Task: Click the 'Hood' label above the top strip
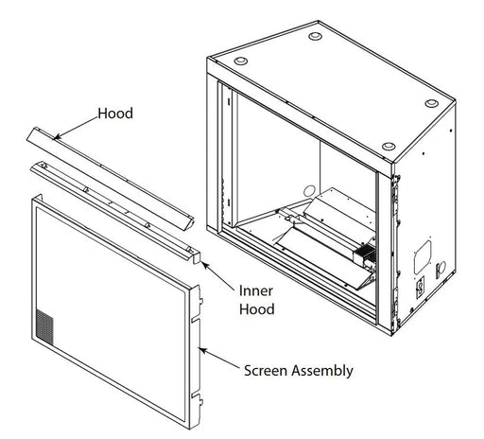[x=115, y=114]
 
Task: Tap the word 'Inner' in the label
[x=256, y=290]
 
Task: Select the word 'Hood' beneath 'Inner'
[x=257, y=309]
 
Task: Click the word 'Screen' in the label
[x=266, y=370]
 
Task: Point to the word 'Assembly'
[x=322, y=371]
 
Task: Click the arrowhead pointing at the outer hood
[x=57, y=137]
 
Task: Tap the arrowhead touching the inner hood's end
[x=205, y=266]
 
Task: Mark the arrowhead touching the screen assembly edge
[x=202, y=350]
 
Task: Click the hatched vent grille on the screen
[x=44, y=326]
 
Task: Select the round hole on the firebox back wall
[x=309, y=191]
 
